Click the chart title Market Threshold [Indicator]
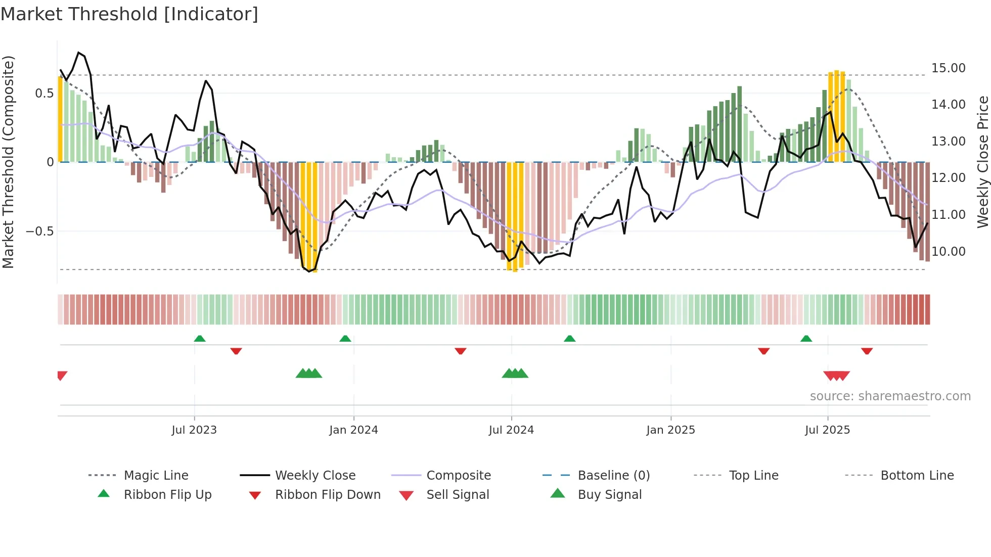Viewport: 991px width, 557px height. [x=129, y=14]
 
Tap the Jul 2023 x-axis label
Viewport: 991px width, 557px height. [x=194, y=430]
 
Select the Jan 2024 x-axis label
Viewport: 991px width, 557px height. [x=353, y=430]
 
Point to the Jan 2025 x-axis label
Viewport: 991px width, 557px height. [x=670, y=430]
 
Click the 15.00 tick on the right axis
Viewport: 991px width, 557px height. [x=948, y=68]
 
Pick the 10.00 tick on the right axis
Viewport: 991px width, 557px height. [x=948, y=251]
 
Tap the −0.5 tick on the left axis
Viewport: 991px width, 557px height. [x=39, y=231]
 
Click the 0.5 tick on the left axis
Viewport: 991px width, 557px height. [x=44, y=93]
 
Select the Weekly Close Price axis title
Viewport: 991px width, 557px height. [x=982, y=162]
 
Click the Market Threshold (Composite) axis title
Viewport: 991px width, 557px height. [x=8, y=162]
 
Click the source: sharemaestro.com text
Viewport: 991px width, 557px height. [x=890, y=396]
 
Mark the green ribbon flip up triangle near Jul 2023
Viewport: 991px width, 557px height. [x=200, y=339]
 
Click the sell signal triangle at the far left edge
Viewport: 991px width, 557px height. [x=62, y=375]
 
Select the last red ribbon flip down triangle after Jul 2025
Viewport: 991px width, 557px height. [x=867, y=351]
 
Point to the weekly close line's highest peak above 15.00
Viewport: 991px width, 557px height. [x=79, y=53]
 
